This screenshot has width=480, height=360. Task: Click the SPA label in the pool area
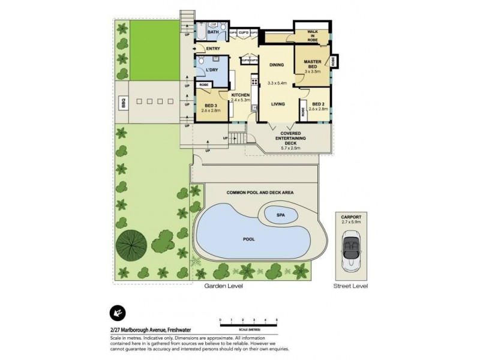pos(280,214)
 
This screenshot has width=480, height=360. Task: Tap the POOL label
pos(249,239)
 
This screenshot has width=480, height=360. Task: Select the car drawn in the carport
pos(350,250)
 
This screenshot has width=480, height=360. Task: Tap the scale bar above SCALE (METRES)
pos(248,325)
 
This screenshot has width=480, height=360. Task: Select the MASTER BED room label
pos(313,62)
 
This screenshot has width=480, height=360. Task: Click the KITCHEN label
pos(240,95)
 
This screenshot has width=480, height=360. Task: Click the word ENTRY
pos(213,49)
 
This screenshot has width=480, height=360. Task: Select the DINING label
pos(276,65)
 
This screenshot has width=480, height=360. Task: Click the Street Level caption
pos(350,287)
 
